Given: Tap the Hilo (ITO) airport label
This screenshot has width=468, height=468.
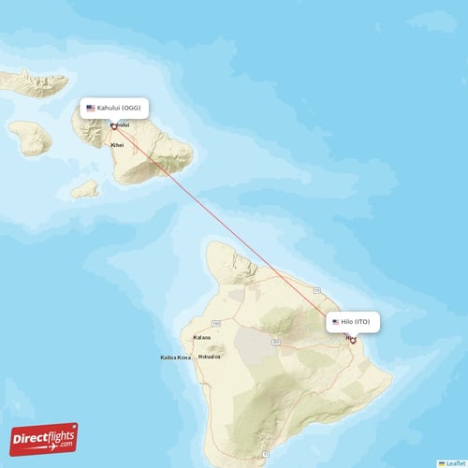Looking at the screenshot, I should click(355, 322).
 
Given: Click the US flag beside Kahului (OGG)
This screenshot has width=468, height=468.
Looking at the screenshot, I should click(91, 108).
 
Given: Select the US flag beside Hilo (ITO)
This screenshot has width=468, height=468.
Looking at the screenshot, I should click(335, 322).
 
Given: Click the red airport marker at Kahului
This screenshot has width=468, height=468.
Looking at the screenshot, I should click(114, 126).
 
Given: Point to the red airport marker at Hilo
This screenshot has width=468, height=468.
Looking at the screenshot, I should click(353, 340).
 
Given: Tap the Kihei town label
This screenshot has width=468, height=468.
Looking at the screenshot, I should click(117, 145).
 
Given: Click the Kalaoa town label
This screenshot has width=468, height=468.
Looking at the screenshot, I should click(201, 337).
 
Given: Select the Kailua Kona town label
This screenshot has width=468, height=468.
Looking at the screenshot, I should click(175, 357).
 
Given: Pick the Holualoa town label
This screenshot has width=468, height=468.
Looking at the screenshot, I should click(210, 357).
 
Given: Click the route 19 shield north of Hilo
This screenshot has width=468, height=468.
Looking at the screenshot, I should click(317, 291).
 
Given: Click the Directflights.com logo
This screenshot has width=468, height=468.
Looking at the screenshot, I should click(44, 438).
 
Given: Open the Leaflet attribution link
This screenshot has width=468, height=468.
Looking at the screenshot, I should click(453, 462).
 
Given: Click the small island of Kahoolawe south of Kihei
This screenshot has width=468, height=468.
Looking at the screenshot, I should click(84, 188).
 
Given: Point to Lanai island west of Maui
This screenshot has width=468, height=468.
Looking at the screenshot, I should click(30, 138).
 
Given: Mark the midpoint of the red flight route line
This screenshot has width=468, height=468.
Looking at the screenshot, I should click(234, 233).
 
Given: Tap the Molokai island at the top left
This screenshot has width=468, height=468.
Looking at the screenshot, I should click(33, 80).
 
